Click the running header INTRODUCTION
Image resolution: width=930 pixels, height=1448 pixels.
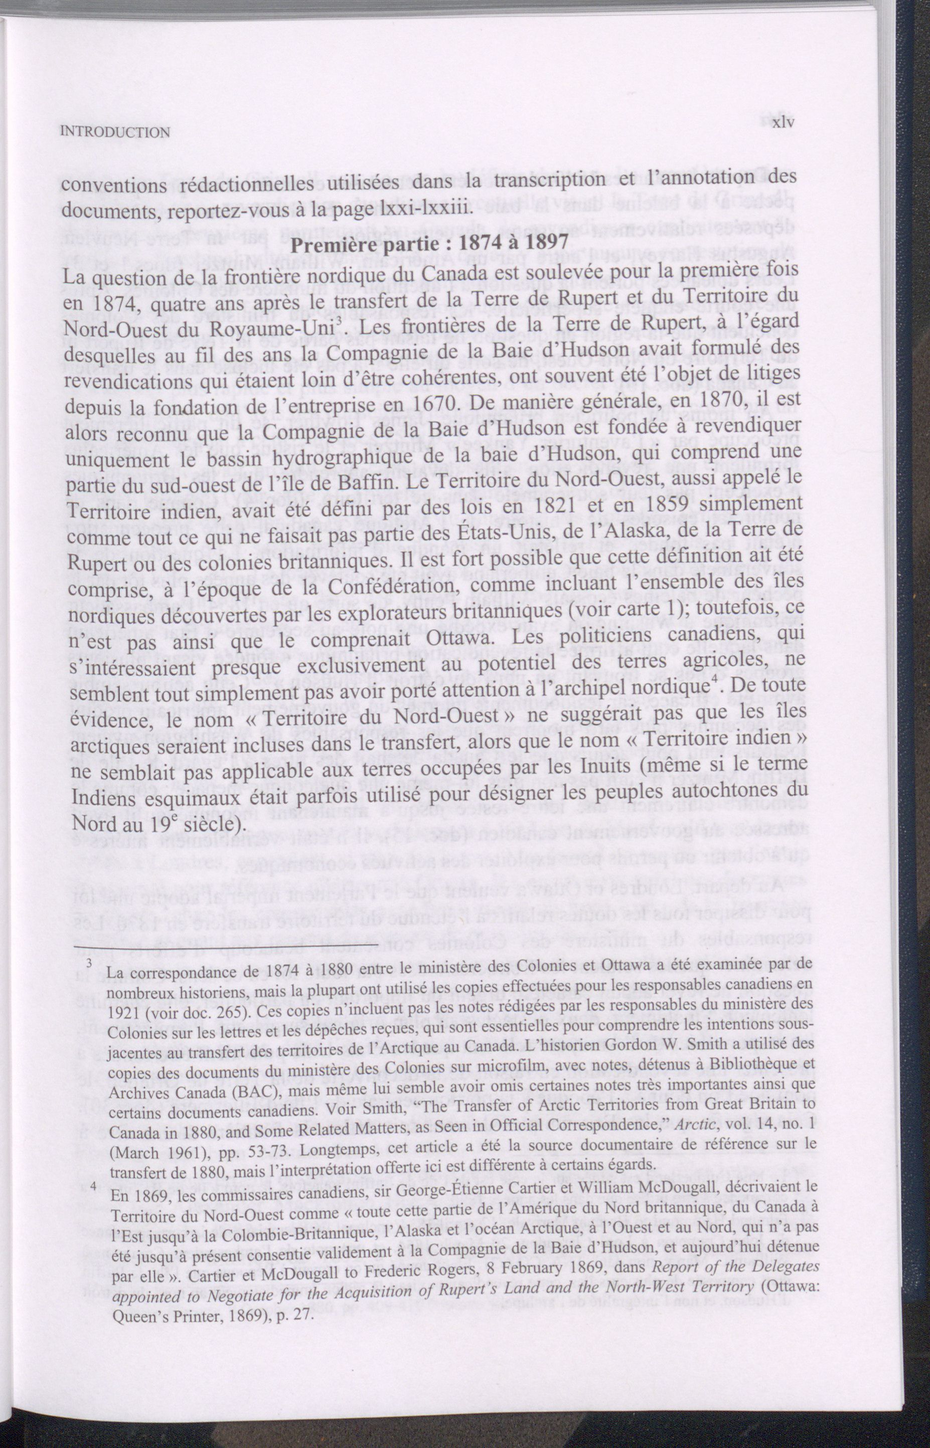116,132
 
